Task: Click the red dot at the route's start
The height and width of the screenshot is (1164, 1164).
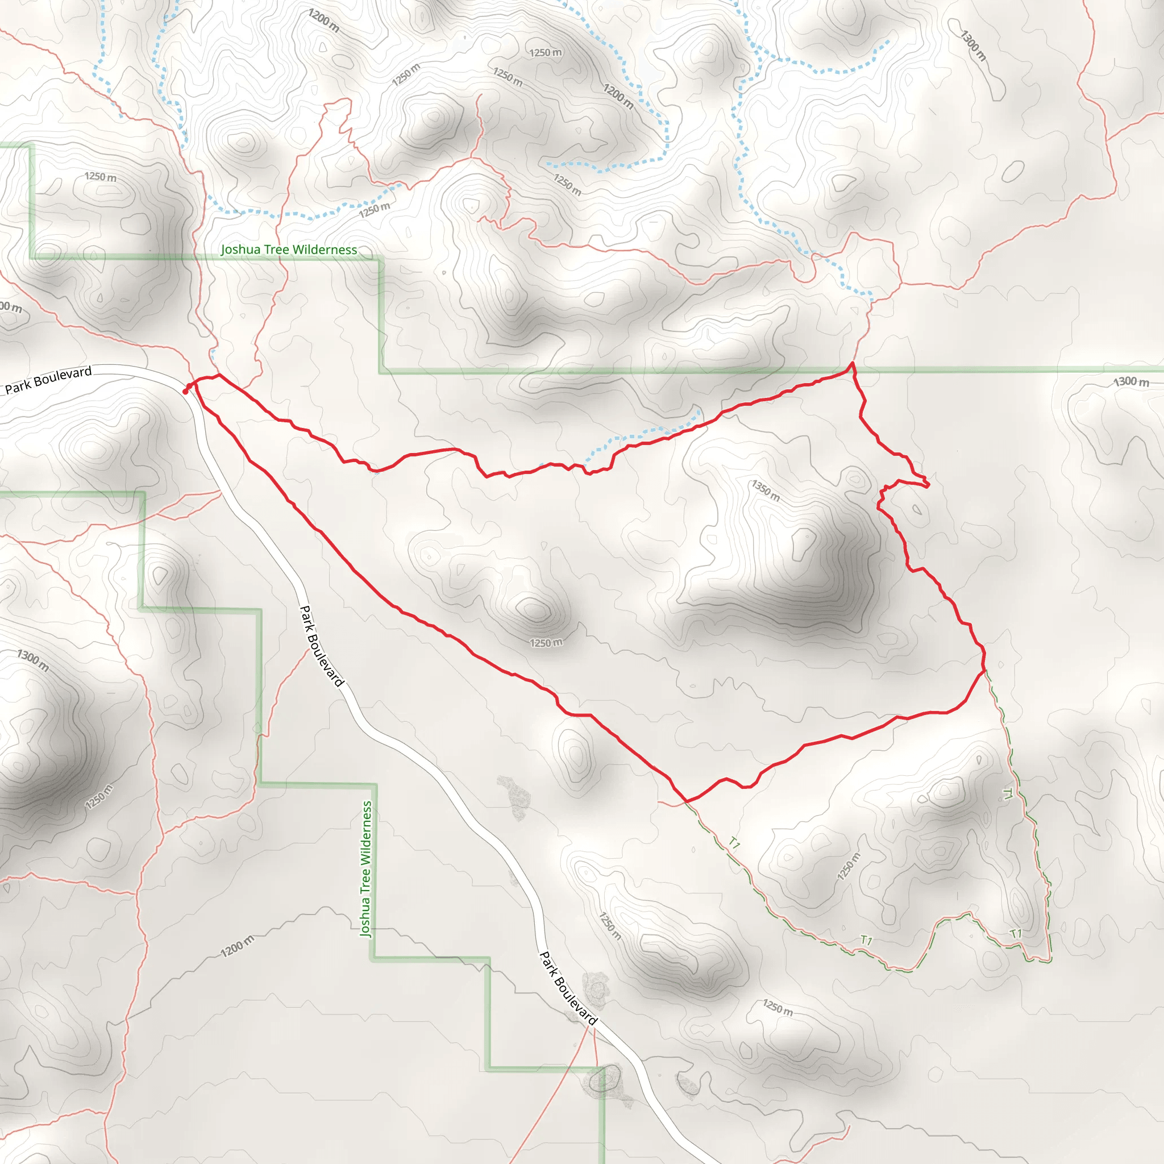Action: click(185, 392)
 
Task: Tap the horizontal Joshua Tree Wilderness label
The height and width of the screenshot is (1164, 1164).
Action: click(289, 250)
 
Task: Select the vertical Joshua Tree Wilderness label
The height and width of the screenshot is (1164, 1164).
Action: click(365, 868)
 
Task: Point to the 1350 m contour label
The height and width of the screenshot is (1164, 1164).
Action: click(765, 490)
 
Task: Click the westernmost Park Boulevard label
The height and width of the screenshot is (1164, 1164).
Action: click(48, 380)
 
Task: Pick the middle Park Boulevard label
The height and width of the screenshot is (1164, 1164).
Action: click(322, 646)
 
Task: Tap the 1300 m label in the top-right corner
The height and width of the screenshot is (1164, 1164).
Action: click(973, 45)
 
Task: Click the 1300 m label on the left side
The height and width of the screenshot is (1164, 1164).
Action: click(33, 660)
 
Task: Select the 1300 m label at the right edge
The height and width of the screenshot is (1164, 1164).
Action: click(1131, 381)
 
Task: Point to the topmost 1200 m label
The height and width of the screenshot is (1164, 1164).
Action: click(323, 20)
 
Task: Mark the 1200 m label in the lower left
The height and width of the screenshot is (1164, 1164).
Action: click(237, 946)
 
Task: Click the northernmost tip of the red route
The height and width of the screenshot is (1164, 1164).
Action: click(852, 363)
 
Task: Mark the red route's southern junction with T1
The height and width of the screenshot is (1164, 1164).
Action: click(686, 801)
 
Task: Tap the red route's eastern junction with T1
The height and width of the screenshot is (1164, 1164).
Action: click(984, 670)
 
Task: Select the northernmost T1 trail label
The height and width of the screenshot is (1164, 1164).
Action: click(1007, 793)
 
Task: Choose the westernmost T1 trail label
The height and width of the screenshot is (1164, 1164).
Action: click(734, 842)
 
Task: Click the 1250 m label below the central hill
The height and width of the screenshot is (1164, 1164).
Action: click(546, 643)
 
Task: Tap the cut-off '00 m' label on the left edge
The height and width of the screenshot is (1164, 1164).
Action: click(11, 307)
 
